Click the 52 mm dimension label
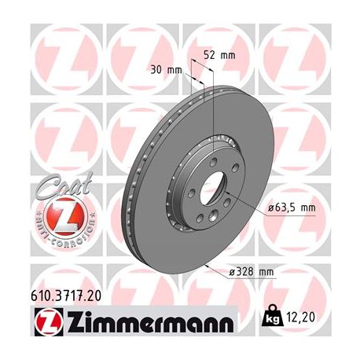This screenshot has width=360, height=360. click(x=220, y=55)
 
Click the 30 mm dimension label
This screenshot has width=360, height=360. click(x=168, y=69)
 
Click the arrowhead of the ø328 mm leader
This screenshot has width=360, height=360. click(x=206, y=268)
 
